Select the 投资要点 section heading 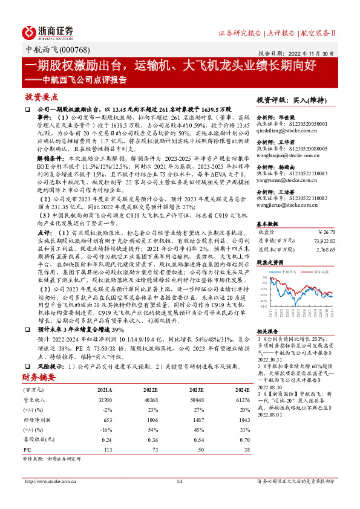point(42,97)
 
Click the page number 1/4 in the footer point(179,498)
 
